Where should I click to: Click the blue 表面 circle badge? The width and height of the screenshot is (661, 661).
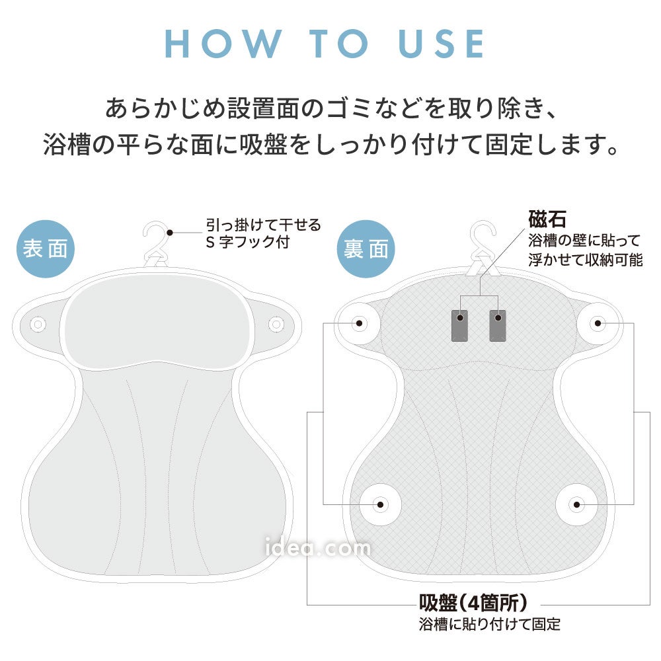(46, 249)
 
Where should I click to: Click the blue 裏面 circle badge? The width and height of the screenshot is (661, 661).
(366, 249)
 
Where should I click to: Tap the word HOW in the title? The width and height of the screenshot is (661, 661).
(223, 44)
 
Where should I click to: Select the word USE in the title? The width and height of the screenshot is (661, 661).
(442, 44)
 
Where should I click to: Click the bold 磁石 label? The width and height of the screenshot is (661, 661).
(547, 219)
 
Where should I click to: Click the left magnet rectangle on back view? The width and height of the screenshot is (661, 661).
(459, 325)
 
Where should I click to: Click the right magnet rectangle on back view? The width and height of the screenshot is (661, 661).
(498, 325)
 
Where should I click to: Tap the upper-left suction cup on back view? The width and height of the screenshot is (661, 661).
(359, 323)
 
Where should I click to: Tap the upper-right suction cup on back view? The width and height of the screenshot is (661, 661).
(598, 323)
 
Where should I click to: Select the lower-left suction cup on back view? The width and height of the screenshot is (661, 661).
(380, 504)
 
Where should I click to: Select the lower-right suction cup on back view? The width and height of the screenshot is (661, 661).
(576, 504)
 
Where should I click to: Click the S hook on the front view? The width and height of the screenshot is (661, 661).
(156, 243)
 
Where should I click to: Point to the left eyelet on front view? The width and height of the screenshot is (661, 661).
(38, 325)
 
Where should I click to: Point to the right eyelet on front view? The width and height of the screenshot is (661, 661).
(276, 324)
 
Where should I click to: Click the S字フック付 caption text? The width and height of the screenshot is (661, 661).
(248, 243)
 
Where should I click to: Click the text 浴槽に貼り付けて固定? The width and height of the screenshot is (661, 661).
(489, 624)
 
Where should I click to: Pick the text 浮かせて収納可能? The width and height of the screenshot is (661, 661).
(586, 260)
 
